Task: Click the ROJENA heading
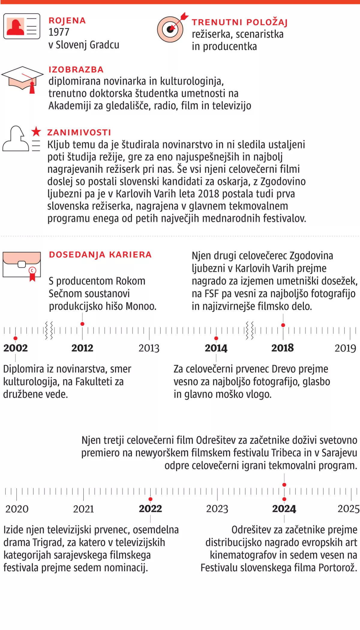click(67, 21)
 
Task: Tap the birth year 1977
click(59, 32)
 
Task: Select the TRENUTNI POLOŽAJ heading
click(240, 22)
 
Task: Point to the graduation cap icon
click(22, 79)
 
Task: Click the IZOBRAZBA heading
click(76, 70)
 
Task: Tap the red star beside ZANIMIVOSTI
click(36, 131)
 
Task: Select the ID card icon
click(22, 26)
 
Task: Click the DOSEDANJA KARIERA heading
click(100, 255)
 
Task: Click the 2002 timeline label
click(16, 348)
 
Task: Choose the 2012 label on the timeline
click(82, 348)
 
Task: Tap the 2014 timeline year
click(216, 348)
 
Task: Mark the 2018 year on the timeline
click(283, 348)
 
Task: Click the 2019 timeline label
click(345, 348)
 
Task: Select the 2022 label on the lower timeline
click(150, 509)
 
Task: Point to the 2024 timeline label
click(284, 509)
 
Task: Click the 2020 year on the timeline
click(17, 509)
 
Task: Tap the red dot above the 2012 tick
click(82, 324)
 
